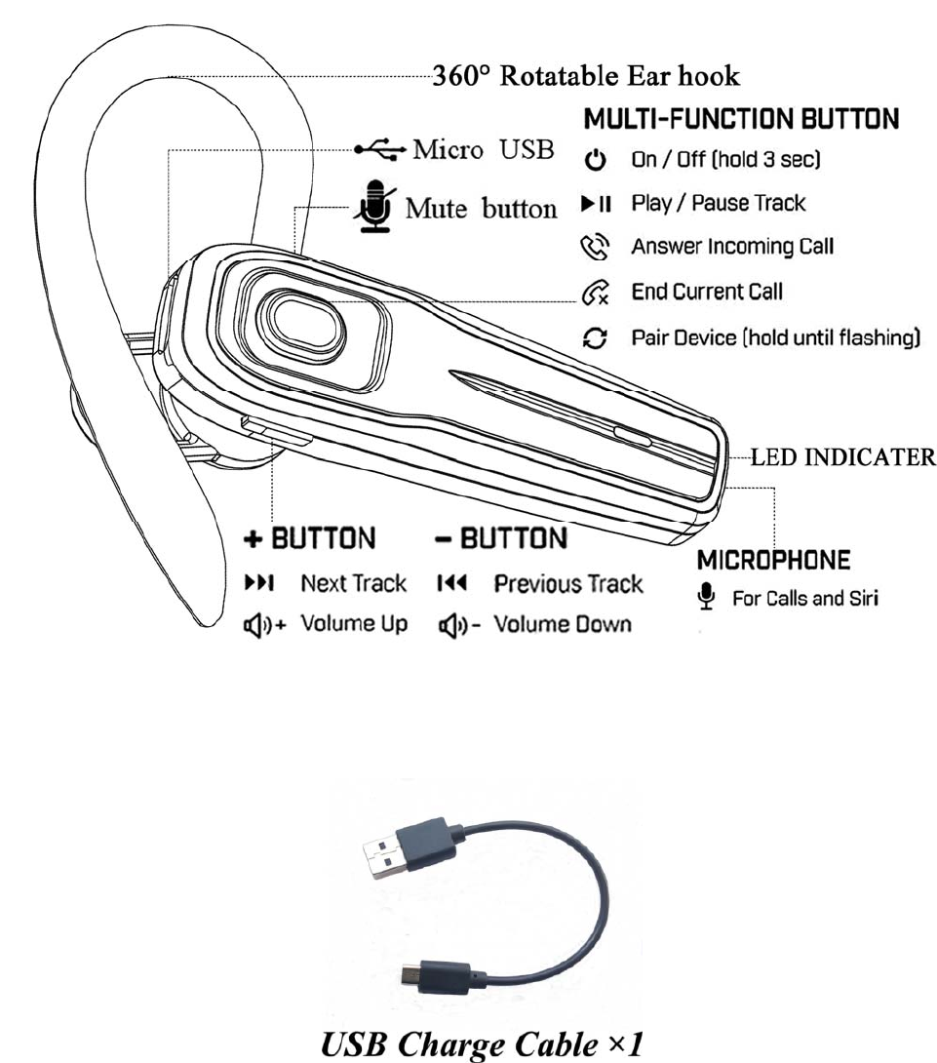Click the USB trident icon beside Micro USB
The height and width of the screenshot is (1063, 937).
pyautogui.click(x=381, y=150)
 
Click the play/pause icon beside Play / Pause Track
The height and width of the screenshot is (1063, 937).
pyautogui.click(x=596, y=204)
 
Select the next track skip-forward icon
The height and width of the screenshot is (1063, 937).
pyautogui.click(x=258, y=584)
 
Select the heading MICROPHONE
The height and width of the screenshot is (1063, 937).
pyautogui.click(x=774, y=561)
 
